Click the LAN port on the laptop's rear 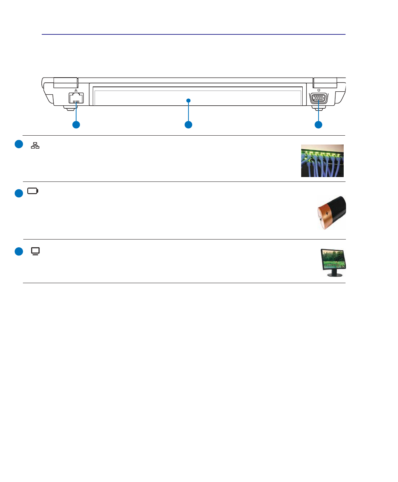[x=76, y=98]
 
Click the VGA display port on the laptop [x=318, y=99]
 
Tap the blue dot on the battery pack [x=188, y=100]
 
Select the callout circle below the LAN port [x=76, y=125]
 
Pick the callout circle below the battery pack [x=188, y=125]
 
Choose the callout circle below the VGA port [x=318, y=125]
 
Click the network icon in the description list [x=35, y=145]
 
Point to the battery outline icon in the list [x=33, y=191]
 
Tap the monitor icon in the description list [x=35, y=251]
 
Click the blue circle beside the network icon [x=19, y=144]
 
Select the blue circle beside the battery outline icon [x=19, y=193]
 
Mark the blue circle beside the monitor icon [x=19, y=251]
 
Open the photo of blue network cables [x=322, y=161]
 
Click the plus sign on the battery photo [x=327, y=214]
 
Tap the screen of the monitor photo [x=334, y=259]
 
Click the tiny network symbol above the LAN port [x=76, y=90]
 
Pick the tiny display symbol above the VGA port [x=319, y=90]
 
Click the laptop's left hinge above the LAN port [x=65, y=82]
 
